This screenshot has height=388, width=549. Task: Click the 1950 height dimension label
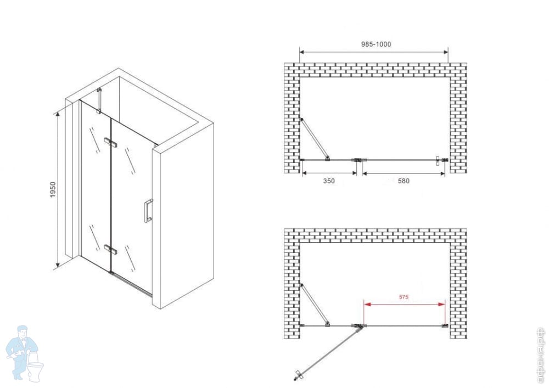[53, 190]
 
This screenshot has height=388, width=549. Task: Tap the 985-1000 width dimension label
[376, 44]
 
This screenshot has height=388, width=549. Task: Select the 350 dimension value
[329, 181]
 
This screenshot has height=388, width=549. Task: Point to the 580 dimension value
[404, 181]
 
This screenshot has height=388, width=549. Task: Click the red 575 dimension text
[404, 297]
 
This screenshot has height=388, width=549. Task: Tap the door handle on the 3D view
[148, 211]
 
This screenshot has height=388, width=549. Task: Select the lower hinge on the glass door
[110, 250]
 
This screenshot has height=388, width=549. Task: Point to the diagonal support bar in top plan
[315, 139]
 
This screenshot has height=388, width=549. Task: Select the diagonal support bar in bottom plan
[315, 305]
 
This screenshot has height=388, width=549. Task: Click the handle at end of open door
[298, 375]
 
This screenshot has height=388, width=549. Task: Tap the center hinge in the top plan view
[358, 160]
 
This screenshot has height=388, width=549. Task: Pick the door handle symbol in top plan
[438, 160]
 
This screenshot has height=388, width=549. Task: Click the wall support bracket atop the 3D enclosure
[99, 101]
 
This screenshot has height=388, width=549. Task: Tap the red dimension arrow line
[405, 305]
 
